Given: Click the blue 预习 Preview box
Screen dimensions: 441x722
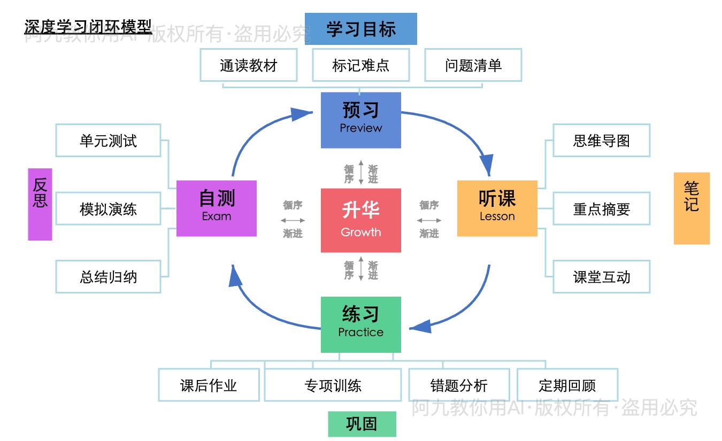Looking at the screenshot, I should [360, 120].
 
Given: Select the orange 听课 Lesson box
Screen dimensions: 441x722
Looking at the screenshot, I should [497, 208].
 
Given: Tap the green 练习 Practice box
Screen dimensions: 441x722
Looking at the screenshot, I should [360, 324].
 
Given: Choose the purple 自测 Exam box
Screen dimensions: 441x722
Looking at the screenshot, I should [216, 208].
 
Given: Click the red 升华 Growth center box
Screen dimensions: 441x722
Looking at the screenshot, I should [360, 220].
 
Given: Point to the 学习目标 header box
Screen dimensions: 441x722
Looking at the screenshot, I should [360, 29].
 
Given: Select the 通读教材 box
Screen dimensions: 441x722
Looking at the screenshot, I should [249, 65].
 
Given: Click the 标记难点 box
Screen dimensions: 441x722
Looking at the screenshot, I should [360, 65].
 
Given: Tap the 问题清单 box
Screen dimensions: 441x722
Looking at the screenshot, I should [473, 65].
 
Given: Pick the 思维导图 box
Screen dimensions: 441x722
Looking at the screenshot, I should [601, 141].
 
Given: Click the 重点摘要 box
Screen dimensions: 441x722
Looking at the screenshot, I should [601, 209].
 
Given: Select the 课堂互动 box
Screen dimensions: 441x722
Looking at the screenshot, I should [601, 277].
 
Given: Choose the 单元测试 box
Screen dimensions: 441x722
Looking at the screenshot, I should [108, 141].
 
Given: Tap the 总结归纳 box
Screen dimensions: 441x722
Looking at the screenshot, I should [108, 277].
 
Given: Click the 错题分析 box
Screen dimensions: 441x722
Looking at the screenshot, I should [459, 385].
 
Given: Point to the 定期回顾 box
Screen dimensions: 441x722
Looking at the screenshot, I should [567, 385].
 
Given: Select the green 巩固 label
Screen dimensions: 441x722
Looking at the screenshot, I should [362, 424].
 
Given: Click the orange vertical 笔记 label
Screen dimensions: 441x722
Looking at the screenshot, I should [692, 208].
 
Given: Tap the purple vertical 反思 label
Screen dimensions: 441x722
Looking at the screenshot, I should [40, 204].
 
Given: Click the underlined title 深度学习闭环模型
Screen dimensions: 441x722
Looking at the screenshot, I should [88, 26].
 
